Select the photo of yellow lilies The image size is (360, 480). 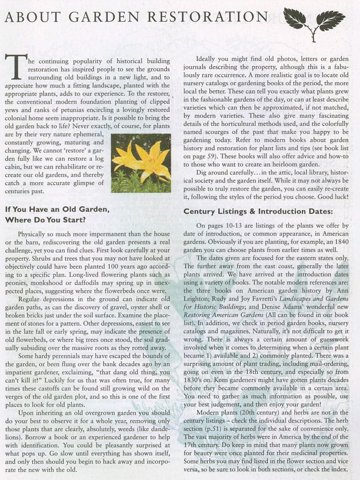(x=141, y=163)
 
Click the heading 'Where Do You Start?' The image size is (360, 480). (x=45, y=220)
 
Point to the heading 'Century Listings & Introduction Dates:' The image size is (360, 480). (x=258, y=212)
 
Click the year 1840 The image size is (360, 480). (x=341, y=242)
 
